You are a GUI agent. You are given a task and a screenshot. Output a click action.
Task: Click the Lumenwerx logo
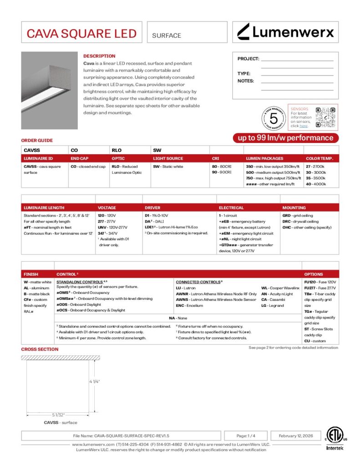286,32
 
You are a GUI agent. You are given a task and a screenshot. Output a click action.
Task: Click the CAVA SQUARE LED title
81,33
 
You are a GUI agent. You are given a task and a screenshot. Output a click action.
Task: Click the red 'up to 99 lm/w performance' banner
285,138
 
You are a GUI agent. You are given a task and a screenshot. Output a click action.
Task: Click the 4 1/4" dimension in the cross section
94,381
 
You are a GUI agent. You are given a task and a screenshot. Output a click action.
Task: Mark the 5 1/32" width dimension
58,415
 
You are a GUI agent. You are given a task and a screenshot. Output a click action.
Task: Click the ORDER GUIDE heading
37,141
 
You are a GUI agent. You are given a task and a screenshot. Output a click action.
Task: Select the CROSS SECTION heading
40,349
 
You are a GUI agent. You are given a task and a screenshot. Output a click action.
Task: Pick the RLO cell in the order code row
117,150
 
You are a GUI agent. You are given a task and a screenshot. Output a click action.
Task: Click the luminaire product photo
50,91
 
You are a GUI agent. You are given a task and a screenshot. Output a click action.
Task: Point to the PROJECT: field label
248,59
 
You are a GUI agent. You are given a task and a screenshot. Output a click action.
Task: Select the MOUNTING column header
294,208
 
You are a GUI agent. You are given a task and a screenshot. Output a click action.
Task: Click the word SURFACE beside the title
167,35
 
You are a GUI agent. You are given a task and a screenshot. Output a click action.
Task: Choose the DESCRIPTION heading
99,56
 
